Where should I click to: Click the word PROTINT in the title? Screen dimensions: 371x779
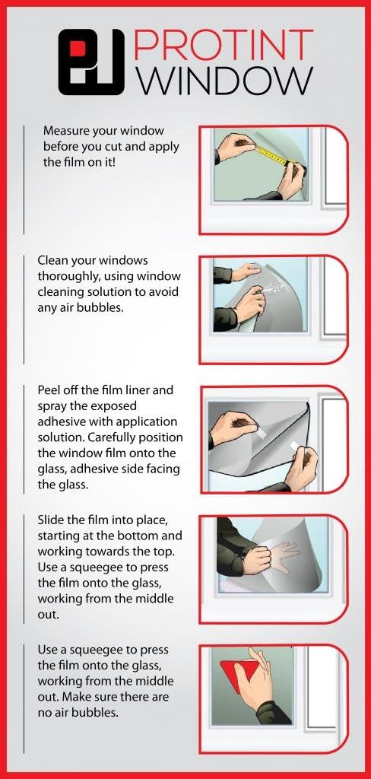coord(223,45)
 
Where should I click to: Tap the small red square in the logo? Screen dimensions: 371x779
coord(78,49)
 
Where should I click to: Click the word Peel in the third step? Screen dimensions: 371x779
coord(48,390)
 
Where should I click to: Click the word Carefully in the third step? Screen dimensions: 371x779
coord(119,437)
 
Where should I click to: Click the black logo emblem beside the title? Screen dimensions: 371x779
coord(91,62)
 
